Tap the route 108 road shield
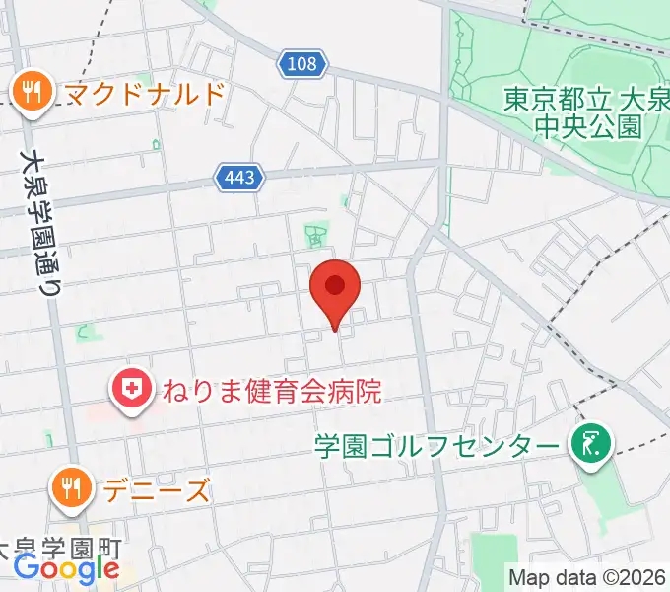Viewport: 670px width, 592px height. [303, 65]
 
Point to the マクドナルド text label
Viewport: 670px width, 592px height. [146, 94]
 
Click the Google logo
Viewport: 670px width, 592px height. [66, 568]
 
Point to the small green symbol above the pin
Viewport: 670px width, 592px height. [316, 236]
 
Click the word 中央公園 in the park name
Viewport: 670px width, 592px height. [602, 126]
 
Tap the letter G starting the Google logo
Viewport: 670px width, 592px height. [27, 567]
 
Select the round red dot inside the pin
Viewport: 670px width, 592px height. [335, 285]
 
